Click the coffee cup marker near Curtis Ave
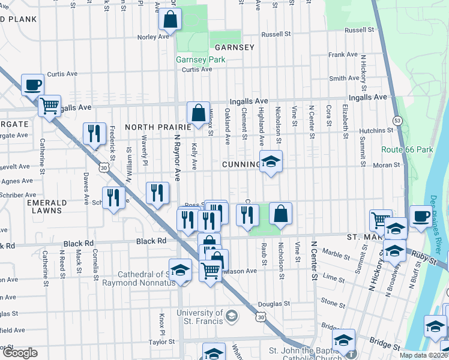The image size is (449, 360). click(33, 85)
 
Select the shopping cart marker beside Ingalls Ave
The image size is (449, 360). click(49, 106)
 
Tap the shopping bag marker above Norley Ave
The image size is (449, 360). click(170, 19)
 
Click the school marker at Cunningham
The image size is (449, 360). click(271, 161)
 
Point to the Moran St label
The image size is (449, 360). click(387, 164)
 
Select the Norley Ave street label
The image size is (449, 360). click(154, 37)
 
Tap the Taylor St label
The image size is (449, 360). click(161, 341)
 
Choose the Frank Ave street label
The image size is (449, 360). click(343, 55)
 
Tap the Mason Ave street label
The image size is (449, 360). click(242, 271)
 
